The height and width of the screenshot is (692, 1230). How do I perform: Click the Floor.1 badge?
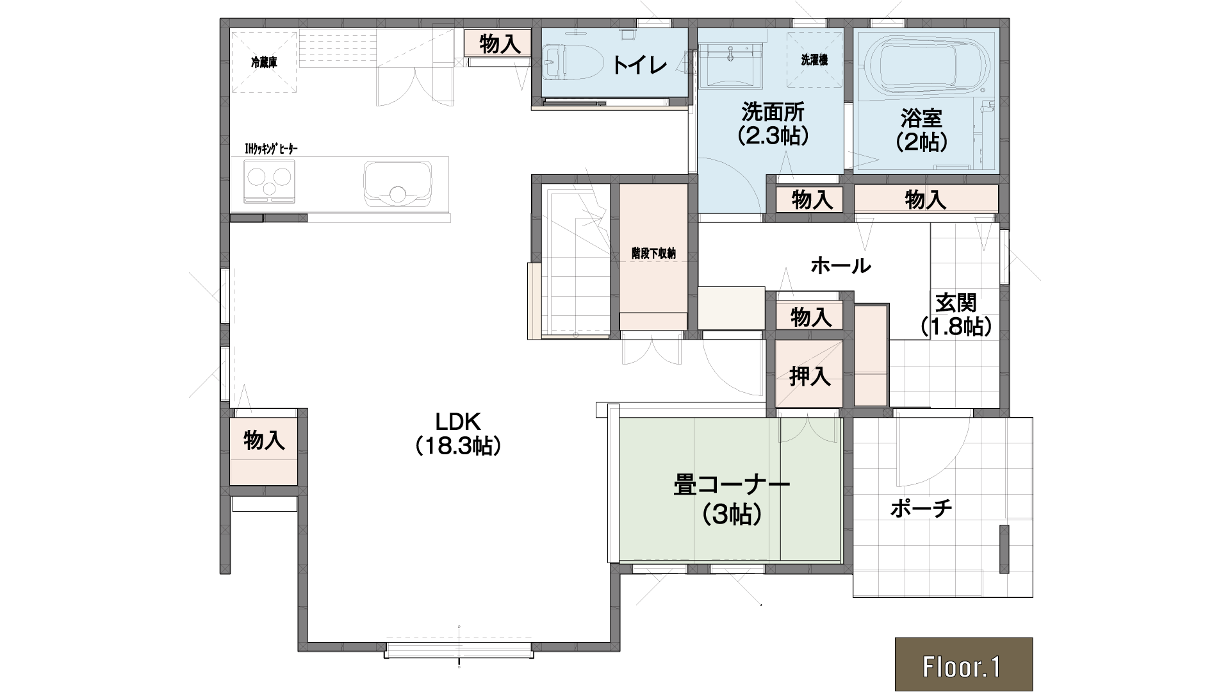[963, 664]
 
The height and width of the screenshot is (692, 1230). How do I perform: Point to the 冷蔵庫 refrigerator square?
[264, 62]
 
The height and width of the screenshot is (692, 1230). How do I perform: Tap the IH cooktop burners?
[269, 181]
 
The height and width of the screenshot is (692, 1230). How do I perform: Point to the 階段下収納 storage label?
[653, 253]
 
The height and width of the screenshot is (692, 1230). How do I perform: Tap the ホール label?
[840, 265]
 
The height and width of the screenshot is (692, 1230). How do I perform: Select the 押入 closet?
[809, 374]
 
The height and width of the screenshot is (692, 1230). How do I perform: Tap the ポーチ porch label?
[921, 509]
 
